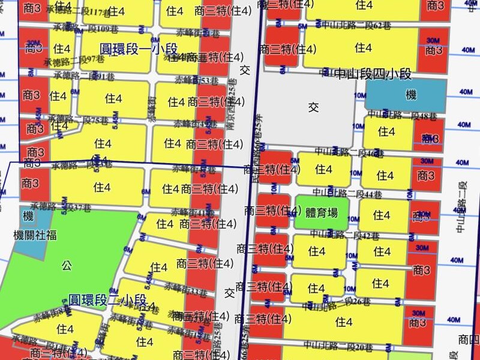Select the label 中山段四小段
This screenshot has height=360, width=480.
point(373,74)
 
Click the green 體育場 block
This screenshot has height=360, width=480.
point(321,212)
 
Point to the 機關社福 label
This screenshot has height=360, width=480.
point(35,235)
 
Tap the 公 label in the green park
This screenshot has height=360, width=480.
point(66,265)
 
